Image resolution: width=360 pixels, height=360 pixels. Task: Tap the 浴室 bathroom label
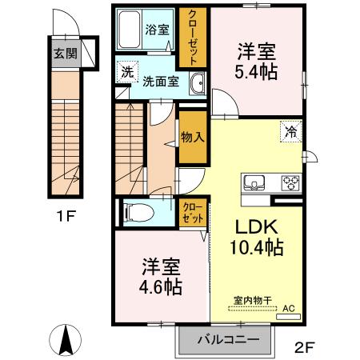[x=157, y=30]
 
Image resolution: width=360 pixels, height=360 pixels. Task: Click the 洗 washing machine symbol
[x=126, y=72]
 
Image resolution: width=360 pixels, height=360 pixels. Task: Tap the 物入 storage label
[x=193, y=137]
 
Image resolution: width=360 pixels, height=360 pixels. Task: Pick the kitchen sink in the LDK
[x=257, y=182]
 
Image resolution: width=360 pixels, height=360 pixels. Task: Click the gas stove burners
[x=287, y=182]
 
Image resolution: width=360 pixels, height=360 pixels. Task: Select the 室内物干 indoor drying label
[x=253, y=301]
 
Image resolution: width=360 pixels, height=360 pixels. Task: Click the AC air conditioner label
[x=288, y=307]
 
